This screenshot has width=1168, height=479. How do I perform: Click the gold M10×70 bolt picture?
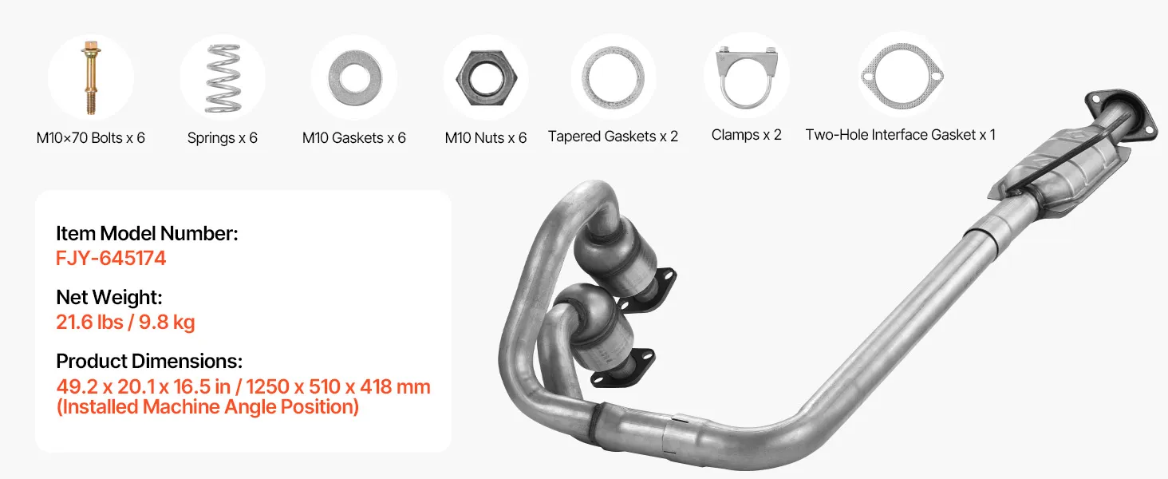click(x=91, y=77)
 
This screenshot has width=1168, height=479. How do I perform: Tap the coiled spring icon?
click(x=223, y=77)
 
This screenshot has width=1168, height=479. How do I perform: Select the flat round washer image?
click(x=354, y=77)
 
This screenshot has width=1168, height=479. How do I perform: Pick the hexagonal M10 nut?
click(x=486, y=77)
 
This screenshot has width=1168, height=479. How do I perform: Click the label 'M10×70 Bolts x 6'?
click(x=91, y=138)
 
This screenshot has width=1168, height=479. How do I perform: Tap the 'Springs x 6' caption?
click(x=222, y=138)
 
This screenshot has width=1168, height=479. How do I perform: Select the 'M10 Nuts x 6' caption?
click(x=485, y=138)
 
